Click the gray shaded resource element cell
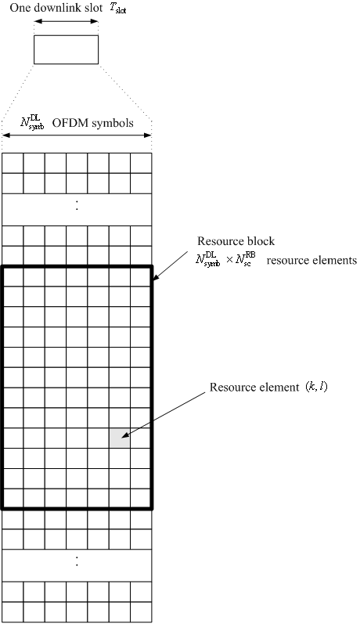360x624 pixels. point(119,438)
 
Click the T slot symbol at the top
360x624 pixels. point(117,9)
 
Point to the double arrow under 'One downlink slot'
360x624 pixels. point(66,21)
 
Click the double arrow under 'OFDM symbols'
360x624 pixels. point(77,135)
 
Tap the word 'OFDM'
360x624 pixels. point(65,123)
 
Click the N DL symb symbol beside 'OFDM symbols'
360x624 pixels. point(32,123)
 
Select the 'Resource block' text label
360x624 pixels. point(236,241)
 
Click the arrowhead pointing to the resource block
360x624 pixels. point(156,276)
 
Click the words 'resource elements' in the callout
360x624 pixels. point(311,260)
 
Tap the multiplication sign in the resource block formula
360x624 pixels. point(229,261)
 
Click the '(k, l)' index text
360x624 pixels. point(317,387)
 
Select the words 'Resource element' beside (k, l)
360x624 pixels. point(254,388)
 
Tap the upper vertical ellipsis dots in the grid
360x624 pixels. point(77,205)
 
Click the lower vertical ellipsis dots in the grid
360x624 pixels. point(77,561)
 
